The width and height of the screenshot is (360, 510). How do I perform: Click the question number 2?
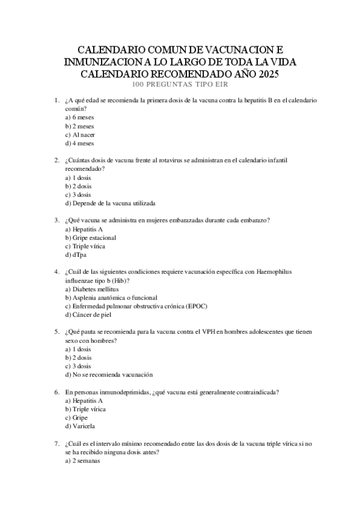coord(56,161)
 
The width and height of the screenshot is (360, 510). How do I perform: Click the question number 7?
coord(56,443)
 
